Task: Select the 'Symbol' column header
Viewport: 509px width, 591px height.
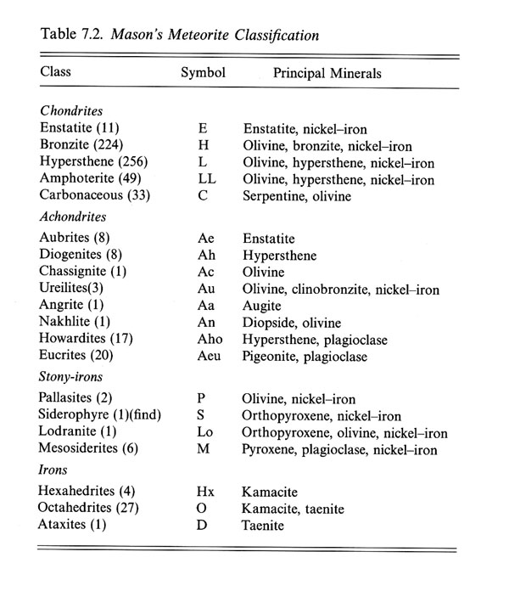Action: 203,73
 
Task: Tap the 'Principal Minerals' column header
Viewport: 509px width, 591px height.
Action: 327,74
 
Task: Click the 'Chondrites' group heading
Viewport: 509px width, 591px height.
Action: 72,111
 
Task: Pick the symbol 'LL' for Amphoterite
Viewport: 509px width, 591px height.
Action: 203,179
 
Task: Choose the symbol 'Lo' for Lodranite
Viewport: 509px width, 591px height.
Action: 204,433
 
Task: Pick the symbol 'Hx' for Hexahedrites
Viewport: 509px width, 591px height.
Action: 204,491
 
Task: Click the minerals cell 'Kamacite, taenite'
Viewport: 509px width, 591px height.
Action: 294,508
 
